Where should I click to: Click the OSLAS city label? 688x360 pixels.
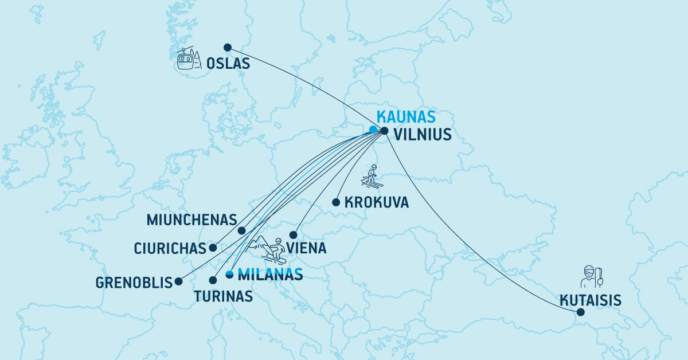[228, 64]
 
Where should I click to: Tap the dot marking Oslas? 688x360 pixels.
[227, 48]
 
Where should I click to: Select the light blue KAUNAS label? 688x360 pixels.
[405, 117]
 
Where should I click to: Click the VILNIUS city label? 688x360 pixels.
[423, 135]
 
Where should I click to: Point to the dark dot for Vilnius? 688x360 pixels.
[385, 131]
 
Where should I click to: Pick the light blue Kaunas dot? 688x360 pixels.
[373, 130]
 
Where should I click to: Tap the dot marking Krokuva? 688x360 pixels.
[336, 202]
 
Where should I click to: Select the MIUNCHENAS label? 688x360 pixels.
[192, 220]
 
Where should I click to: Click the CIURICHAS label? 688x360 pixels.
[170, 249]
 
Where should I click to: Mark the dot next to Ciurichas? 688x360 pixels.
[213, 248]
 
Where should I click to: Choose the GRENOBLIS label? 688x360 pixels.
[135, 283]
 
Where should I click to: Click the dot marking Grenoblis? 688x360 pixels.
[179, 281]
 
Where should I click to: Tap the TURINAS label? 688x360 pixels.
[223, 296]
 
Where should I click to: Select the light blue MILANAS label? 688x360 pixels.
[270, 275]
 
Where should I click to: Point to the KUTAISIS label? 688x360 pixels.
[591, 300]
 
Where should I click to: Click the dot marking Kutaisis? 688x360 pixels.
[580, 312]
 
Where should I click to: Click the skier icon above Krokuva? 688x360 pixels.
[372, 176]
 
